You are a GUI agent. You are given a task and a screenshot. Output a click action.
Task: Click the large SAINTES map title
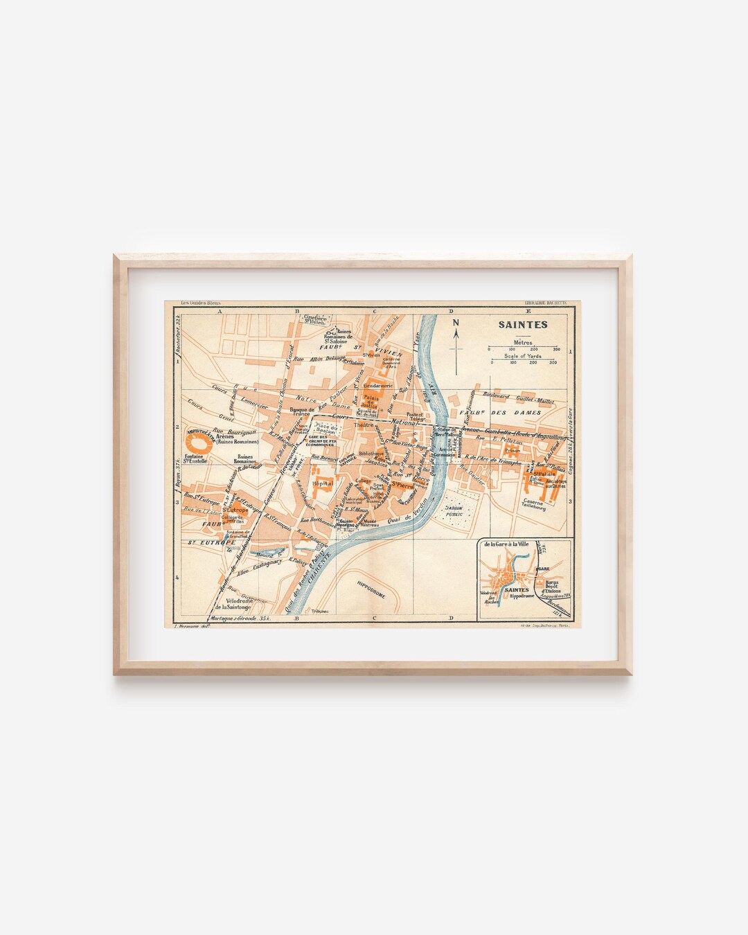pyautogui.click(x=523, y=324)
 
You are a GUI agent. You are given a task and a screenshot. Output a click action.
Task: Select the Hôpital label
pyautogui.click(x=323, y=483)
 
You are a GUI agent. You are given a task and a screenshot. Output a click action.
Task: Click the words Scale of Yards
pyautogui.click(x=522, y=356)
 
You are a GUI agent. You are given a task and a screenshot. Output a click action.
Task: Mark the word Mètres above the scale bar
pyautogui.click(x=522, y=341)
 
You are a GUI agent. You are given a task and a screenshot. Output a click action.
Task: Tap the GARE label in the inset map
pyautogui.click(x=544, y=567)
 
